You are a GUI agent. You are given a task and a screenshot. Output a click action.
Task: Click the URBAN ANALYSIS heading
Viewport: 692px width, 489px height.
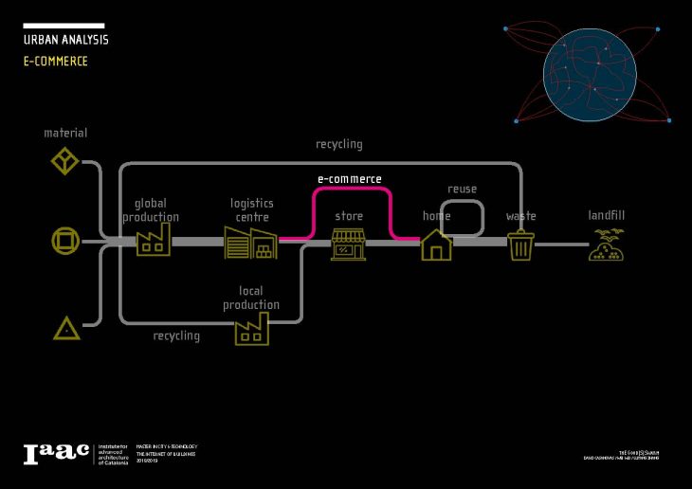65,40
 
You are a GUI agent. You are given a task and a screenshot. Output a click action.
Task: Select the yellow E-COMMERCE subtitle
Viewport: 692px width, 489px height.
55,61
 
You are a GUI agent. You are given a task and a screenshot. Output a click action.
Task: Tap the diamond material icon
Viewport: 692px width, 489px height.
64,160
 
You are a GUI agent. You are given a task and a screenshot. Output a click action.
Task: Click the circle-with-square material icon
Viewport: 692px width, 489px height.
64,242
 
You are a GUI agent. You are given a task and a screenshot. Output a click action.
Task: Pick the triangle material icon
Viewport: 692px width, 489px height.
65,329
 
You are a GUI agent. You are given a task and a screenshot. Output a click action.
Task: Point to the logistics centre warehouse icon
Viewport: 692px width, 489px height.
250,243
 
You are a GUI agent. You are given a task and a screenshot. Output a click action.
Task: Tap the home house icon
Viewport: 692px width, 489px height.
436,244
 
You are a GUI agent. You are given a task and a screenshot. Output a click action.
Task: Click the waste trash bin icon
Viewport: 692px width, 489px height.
520,245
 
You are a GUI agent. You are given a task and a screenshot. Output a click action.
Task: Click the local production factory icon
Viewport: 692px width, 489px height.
251,329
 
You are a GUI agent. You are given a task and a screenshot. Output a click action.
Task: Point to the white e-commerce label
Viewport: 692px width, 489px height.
349,178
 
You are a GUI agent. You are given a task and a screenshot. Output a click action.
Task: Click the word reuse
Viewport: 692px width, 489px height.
462,189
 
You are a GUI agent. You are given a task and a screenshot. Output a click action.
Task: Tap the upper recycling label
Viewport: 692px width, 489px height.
338,144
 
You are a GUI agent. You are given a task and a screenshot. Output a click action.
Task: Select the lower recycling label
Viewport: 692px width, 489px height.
176,335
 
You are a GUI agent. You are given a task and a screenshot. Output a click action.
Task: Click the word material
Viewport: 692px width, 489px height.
65,133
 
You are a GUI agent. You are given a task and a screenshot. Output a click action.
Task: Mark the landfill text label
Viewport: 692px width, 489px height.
606,215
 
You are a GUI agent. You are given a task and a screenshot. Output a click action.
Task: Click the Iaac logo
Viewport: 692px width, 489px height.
56,453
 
